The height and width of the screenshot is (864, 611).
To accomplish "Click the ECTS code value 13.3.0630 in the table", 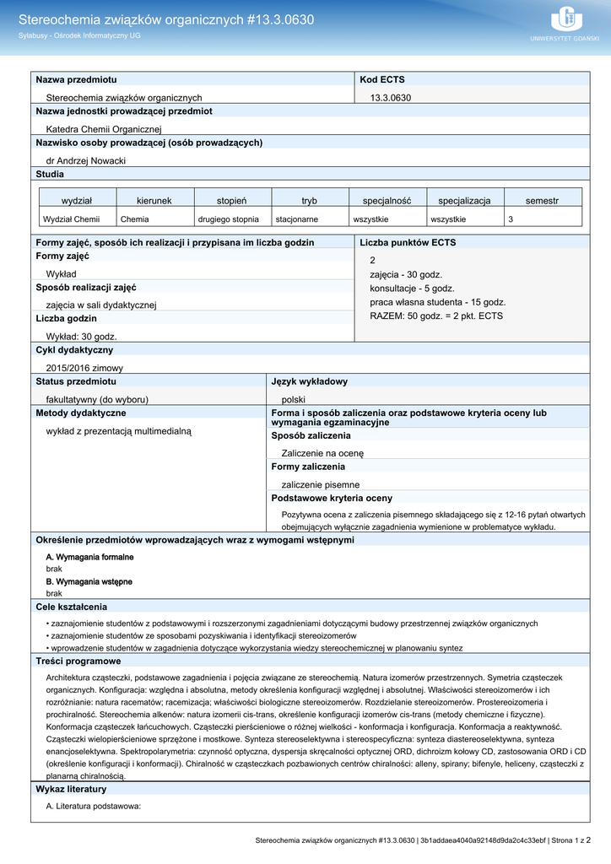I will click(391, 98).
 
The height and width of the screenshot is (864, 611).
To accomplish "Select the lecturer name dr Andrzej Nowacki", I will click(85, 160).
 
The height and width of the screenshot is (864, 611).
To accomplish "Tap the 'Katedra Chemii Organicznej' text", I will click(103, 129).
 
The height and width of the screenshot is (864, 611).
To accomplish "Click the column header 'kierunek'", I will click(154, 201).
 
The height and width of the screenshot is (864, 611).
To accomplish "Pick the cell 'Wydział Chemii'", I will click(72, 219).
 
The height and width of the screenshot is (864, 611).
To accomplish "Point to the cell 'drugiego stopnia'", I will click(229, 219).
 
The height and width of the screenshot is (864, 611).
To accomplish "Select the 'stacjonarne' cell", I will click(297, 219).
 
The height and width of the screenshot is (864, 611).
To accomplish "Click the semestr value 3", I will click(510, 219).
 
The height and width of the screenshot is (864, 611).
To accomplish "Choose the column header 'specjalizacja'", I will click(464, 201).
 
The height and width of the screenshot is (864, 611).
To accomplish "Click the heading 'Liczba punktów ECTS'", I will click(408, 243).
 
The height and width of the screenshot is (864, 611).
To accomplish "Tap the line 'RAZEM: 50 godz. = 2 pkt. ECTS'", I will click(436, 316).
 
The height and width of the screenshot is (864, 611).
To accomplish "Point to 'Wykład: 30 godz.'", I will click(81, 337).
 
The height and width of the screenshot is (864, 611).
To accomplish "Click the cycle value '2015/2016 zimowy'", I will click(84, 368).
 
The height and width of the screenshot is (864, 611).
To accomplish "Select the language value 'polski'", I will click(293, 399).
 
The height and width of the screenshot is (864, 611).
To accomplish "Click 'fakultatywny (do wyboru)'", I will click(97, 399).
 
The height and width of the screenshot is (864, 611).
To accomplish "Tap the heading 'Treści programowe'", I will click(78, 661).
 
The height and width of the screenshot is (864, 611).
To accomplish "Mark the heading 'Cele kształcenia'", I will click(71, 607).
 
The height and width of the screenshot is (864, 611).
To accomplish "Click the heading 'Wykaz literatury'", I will click(71, 790).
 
